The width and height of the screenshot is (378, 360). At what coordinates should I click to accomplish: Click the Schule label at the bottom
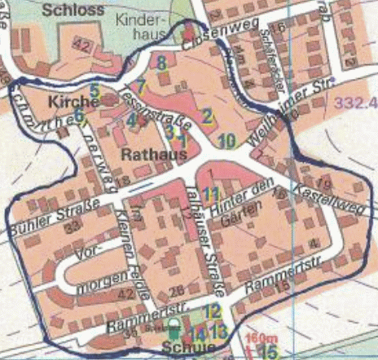[189, 349]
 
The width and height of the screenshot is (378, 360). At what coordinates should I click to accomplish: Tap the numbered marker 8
[162, 61]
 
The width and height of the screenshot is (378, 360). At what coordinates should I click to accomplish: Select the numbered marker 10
[227, 139]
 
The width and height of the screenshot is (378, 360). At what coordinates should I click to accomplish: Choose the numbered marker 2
[207, 116]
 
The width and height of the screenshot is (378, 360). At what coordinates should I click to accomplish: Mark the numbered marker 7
[141, 84]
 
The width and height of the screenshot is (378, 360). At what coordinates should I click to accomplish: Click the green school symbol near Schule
[173, 331]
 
